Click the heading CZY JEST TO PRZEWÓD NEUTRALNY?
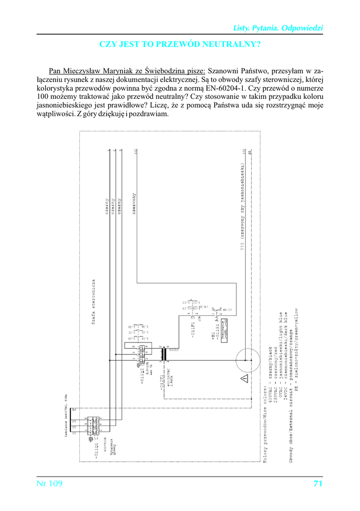[180, 44]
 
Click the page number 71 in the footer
[318, 484]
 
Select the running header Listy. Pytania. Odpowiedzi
[279, 28]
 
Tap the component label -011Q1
[98, 449]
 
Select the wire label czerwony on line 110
[134, 205]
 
